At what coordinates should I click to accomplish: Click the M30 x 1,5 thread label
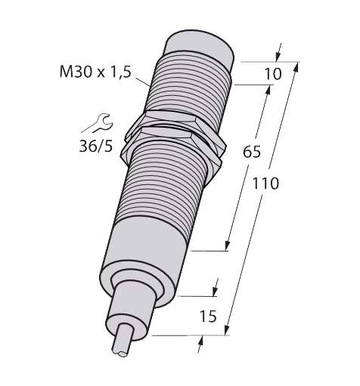pyautogui.click(x=95, y=72)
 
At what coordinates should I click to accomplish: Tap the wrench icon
pyautogui.click(x=100, y=123)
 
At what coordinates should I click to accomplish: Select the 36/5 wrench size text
pyautogui.click(x=96, y=146)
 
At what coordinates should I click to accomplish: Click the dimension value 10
pyautogui.click(x=272, y=74)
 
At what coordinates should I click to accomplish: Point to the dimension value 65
pyautogui.click(x=251, y=152)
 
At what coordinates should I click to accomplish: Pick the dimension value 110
pyautogui.click(x=265, y=184)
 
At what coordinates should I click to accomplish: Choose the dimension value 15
pyautogui.click(x=208, y=317)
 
